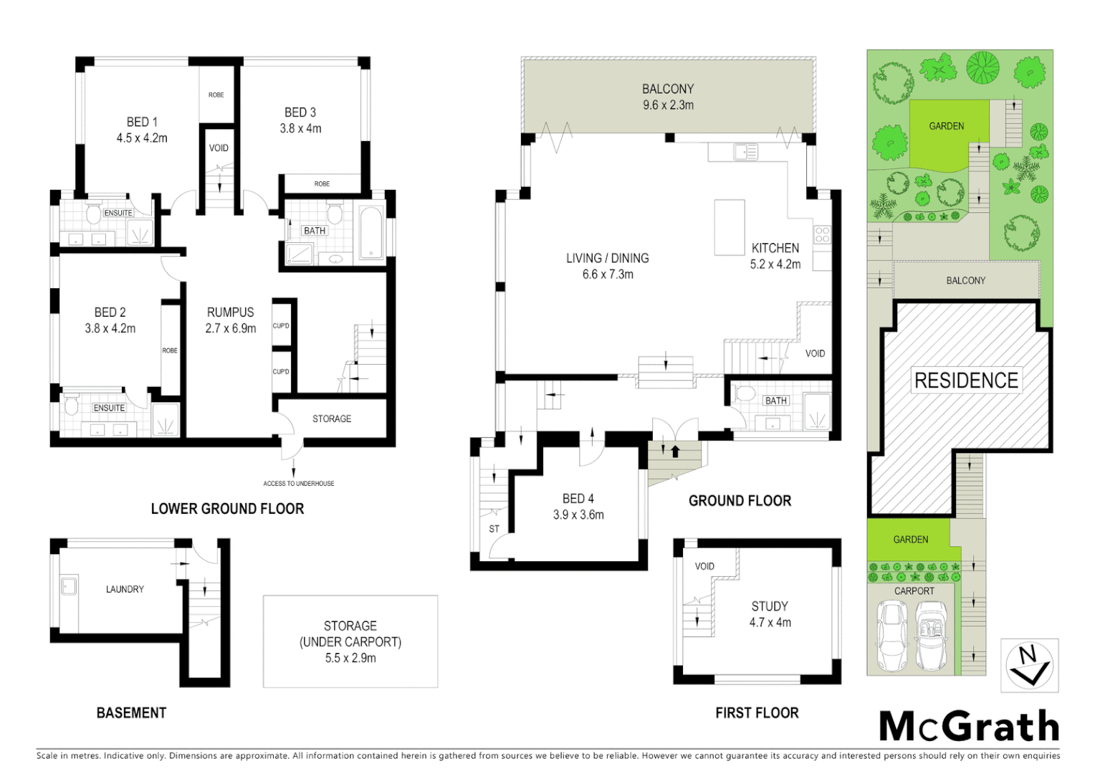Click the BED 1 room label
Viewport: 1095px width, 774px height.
click(x=142, y=122)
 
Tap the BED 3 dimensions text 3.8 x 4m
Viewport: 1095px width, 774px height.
click(x=300, y=129)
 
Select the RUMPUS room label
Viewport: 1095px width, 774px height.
click(x=230, y=312)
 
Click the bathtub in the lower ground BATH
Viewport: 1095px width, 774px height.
click(x=370, y=231)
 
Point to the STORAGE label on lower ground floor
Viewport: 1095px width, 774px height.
click(x=332, y=419)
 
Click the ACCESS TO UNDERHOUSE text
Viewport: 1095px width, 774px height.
click(x=298, y=484)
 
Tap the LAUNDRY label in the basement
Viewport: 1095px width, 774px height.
click(x=125, y=589)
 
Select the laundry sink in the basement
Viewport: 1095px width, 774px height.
click(x=69, y=586)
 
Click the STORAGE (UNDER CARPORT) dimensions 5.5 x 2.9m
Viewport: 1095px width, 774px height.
click(x=350, y=658)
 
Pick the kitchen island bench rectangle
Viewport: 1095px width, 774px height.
click(x=729, y=227)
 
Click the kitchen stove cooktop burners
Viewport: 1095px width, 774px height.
click(x=822, y=234)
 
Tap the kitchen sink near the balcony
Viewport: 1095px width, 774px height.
click(x=745, y=152)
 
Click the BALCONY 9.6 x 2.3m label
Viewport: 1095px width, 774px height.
click(x=668, y=97)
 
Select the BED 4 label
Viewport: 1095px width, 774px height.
click(x=578, y=499)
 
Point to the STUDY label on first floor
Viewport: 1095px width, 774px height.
click(x=770, y=606)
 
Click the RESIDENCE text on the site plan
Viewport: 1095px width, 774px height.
click(x=966, y=381)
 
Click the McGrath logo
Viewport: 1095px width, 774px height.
click(x=969, y=727)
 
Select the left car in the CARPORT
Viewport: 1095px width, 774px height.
click(x=891, y=635)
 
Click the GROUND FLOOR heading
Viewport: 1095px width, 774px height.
click(x=740, y=501)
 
